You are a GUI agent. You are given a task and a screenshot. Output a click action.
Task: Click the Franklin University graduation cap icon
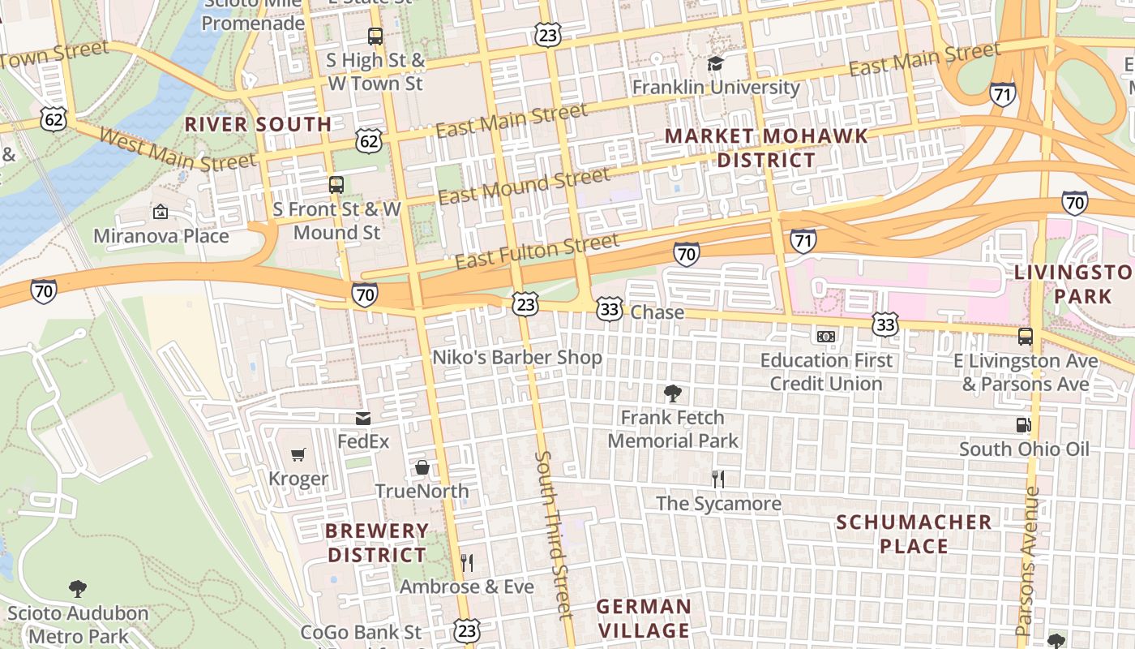click(715, 63)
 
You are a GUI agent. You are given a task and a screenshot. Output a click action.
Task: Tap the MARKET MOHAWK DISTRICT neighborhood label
click(766, 148)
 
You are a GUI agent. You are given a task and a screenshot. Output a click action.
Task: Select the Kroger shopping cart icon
click(298, 455)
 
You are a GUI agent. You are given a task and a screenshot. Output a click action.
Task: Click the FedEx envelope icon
click(363, 419)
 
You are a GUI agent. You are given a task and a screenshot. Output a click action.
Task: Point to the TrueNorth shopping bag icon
click(422, 467)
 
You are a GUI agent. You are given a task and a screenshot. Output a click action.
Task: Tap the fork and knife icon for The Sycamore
click(717, 479)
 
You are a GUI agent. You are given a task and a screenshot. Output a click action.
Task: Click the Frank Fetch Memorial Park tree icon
click(672, 394)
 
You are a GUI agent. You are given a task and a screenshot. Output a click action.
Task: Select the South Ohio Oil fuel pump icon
click(1024, 425)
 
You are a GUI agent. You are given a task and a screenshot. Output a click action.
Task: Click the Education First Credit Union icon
click(826, 336)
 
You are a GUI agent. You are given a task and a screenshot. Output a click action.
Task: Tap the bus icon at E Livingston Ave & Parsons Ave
click(1026, 337)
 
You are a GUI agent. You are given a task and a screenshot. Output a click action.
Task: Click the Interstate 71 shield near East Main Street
click(1003, 94)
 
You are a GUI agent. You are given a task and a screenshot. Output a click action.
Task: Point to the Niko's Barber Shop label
click(516, 358)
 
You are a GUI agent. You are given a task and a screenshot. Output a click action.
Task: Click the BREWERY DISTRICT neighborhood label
click(376, 544)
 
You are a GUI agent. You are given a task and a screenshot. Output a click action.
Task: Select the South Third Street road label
click(555, 535)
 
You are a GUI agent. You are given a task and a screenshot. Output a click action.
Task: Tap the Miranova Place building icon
click(161, 213)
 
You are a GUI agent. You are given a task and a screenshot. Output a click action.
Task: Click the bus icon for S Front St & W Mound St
click(336, 185)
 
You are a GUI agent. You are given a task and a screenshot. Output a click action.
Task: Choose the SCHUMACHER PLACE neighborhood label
click(914, 534)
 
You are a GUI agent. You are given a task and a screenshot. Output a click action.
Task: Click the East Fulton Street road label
click(537, 251)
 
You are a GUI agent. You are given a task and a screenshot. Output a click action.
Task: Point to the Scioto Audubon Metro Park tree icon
click(78, 588)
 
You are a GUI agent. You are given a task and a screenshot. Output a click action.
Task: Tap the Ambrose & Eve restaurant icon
click(467, 562)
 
